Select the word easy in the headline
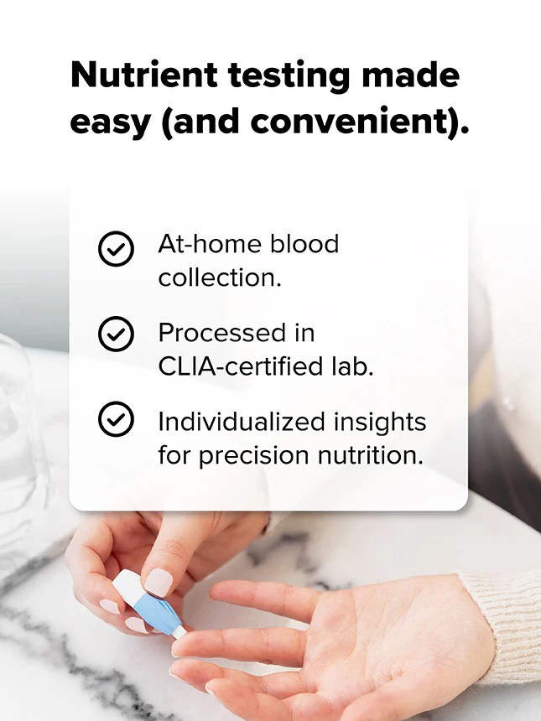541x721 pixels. [109, 122]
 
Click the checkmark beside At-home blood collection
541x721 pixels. [116, 249]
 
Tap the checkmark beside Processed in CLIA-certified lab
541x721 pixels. [116, 335]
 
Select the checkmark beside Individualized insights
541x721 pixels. [116, 420]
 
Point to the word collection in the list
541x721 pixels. [220, 278]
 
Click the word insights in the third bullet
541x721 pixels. [380, 421]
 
